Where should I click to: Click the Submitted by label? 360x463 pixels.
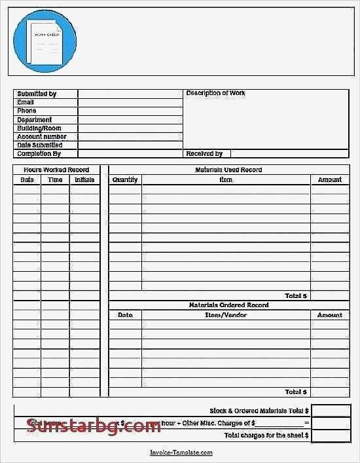37,94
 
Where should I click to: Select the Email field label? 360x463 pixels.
26,102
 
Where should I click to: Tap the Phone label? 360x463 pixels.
27,111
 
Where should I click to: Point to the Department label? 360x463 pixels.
35,120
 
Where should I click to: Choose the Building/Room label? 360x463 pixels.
39,128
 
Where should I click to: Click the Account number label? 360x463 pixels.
42,137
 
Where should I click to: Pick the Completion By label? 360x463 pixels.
39,154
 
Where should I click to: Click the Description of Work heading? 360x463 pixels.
215,94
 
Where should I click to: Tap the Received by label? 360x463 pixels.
204,154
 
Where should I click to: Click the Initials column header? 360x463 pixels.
84,179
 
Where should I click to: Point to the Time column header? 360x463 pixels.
55,179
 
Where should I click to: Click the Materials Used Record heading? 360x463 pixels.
228,170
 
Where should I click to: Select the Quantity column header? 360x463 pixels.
125,179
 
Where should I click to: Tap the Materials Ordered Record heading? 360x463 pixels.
228,305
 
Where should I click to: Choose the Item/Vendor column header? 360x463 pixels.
226,315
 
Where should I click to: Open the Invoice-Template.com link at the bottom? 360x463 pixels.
181,453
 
